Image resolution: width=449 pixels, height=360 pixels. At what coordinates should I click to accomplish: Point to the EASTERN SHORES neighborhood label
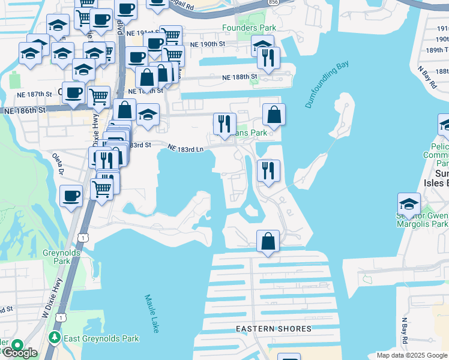click(273, 329)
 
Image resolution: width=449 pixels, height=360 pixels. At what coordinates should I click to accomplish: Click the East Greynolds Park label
click(102, 339)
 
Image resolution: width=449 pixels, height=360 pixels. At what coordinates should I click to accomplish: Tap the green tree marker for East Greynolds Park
click(55, 338)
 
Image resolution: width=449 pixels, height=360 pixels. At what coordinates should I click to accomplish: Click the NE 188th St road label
click(239, 77)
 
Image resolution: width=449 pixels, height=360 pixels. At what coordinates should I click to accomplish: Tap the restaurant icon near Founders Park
click(268, 58)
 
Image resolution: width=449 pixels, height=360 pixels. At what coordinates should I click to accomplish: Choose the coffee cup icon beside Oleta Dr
click(71, 196)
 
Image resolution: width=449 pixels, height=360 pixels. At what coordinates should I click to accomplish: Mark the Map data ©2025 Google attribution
click(412, 355)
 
